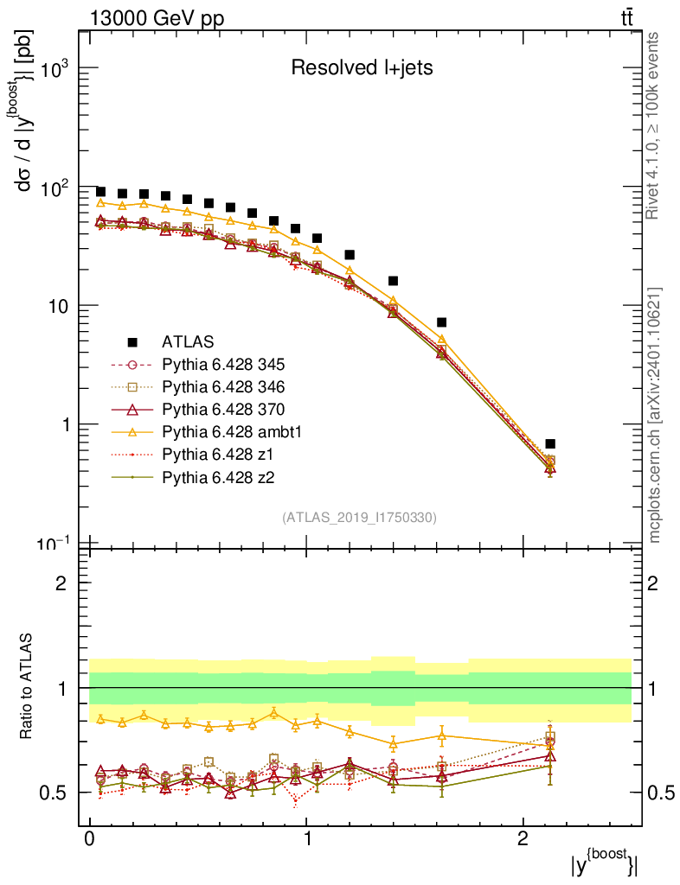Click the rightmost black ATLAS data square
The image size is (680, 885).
[x=550, y=443]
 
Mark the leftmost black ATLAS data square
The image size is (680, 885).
[x=100, y=192]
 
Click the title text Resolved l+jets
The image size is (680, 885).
[x=361, y=68]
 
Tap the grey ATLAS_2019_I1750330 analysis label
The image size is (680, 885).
[x=359, y=518]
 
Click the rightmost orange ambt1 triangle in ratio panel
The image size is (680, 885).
[x=550, y=745]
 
